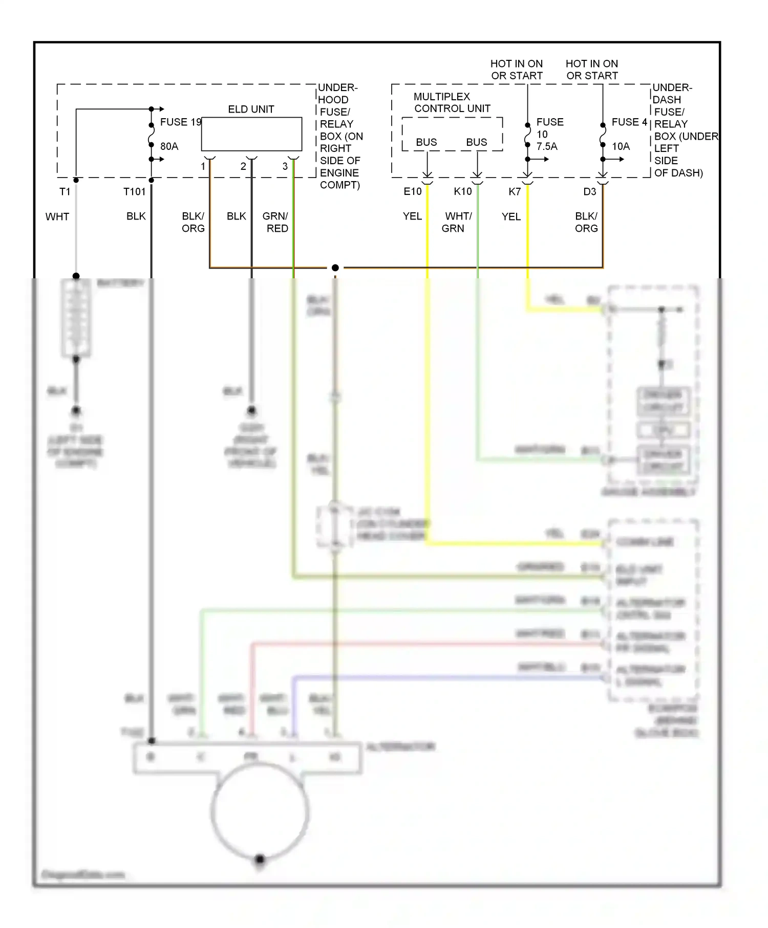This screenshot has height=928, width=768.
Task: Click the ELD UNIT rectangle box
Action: [251, 134]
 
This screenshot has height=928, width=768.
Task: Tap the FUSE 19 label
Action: [181, 122]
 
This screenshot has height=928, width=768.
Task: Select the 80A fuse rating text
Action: [169, 146]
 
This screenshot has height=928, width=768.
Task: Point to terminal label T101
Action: [134, 192]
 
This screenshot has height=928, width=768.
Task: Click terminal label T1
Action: [65, 192]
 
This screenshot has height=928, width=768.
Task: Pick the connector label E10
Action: [412, 192]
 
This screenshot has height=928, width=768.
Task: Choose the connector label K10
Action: [462, 192]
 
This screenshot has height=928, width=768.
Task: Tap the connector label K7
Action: [514, 192]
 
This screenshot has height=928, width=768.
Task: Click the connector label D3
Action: [589, 192]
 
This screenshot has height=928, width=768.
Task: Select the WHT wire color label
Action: [57, 217]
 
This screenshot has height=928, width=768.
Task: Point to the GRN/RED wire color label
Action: [275, 223]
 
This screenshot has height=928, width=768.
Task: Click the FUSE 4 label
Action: [629, 122]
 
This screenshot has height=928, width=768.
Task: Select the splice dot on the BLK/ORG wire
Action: [335, 268]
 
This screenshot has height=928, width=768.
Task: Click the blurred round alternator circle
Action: [260, 811]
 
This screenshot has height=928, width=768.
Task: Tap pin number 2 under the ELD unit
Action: [243, 167]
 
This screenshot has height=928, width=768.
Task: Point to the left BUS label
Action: [426, 142]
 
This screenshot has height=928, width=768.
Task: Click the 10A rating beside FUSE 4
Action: [621, 146]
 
